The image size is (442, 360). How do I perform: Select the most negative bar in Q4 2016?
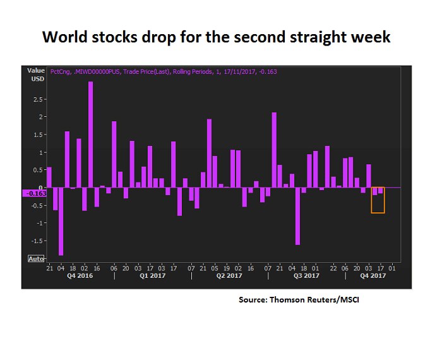(x=61, y=221)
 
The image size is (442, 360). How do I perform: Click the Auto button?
(x=36, y=258)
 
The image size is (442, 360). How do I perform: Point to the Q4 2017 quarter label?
(x=373, y=276)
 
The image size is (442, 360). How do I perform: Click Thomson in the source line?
(x=287, y=299)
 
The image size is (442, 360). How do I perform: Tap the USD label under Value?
(x=36, y=79)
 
